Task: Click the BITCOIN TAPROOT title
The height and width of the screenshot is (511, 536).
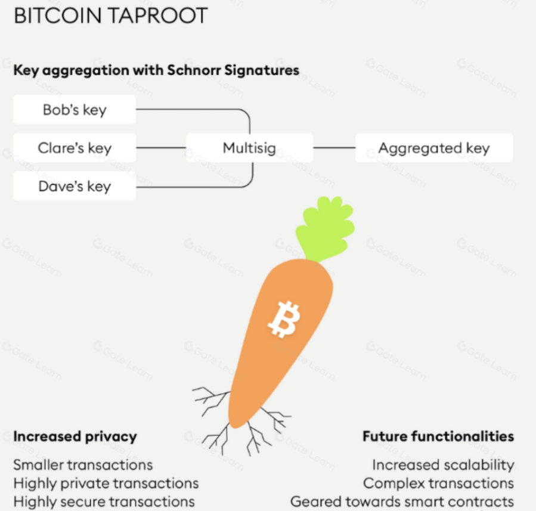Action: (x=110, y=16)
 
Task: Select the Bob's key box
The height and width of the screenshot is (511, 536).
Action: (x=75, y=110)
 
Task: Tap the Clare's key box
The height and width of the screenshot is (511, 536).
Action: (x=75, y=148)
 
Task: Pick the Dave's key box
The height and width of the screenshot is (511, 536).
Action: (x=75, y=186)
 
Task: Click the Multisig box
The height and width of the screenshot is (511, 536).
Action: (x=249, y=148)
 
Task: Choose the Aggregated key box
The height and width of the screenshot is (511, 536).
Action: (x=433, y=148)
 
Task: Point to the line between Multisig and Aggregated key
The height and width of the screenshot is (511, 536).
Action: (x=334, y=148)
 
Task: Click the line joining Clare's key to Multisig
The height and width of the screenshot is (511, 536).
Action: (x=161, y=148)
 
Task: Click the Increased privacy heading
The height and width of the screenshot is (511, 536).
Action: (x=75, y=436)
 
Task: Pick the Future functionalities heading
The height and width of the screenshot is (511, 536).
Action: (x=438, y=436)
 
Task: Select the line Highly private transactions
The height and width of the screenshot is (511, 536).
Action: (x=106, y=483)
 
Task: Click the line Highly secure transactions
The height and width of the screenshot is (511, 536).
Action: (x=104, y=501)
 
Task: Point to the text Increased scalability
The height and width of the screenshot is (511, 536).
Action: (x=443, y=464)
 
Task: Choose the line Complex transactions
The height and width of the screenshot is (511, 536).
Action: (x=438, y=483)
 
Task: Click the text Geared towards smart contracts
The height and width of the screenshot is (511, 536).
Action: (x=402, y=501)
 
